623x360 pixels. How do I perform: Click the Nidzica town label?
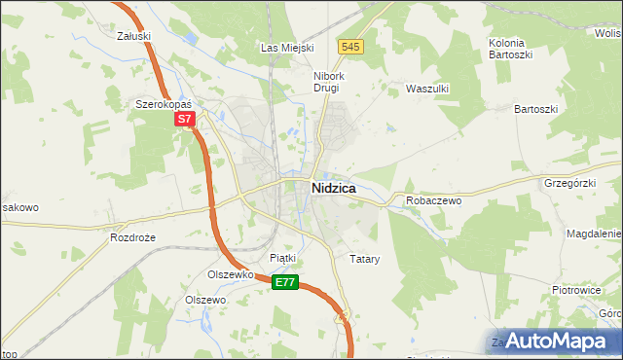332,188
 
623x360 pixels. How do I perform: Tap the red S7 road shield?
186,120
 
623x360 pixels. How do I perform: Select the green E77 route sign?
284,282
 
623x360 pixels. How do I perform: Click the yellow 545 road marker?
351,46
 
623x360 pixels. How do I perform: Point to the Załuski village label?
132,36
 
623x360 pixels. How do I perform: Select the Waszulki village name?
425,88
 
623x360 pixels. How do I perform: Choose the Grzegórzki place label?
570,182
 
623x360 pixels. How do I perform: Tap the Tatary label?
363,260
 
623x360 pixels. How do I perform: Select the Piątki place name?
281,258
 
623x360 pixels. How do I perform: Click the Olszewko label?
231,274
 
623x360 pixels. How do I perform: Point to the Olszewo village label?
205,300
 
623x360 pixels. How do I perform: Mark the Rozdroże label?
133,237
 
